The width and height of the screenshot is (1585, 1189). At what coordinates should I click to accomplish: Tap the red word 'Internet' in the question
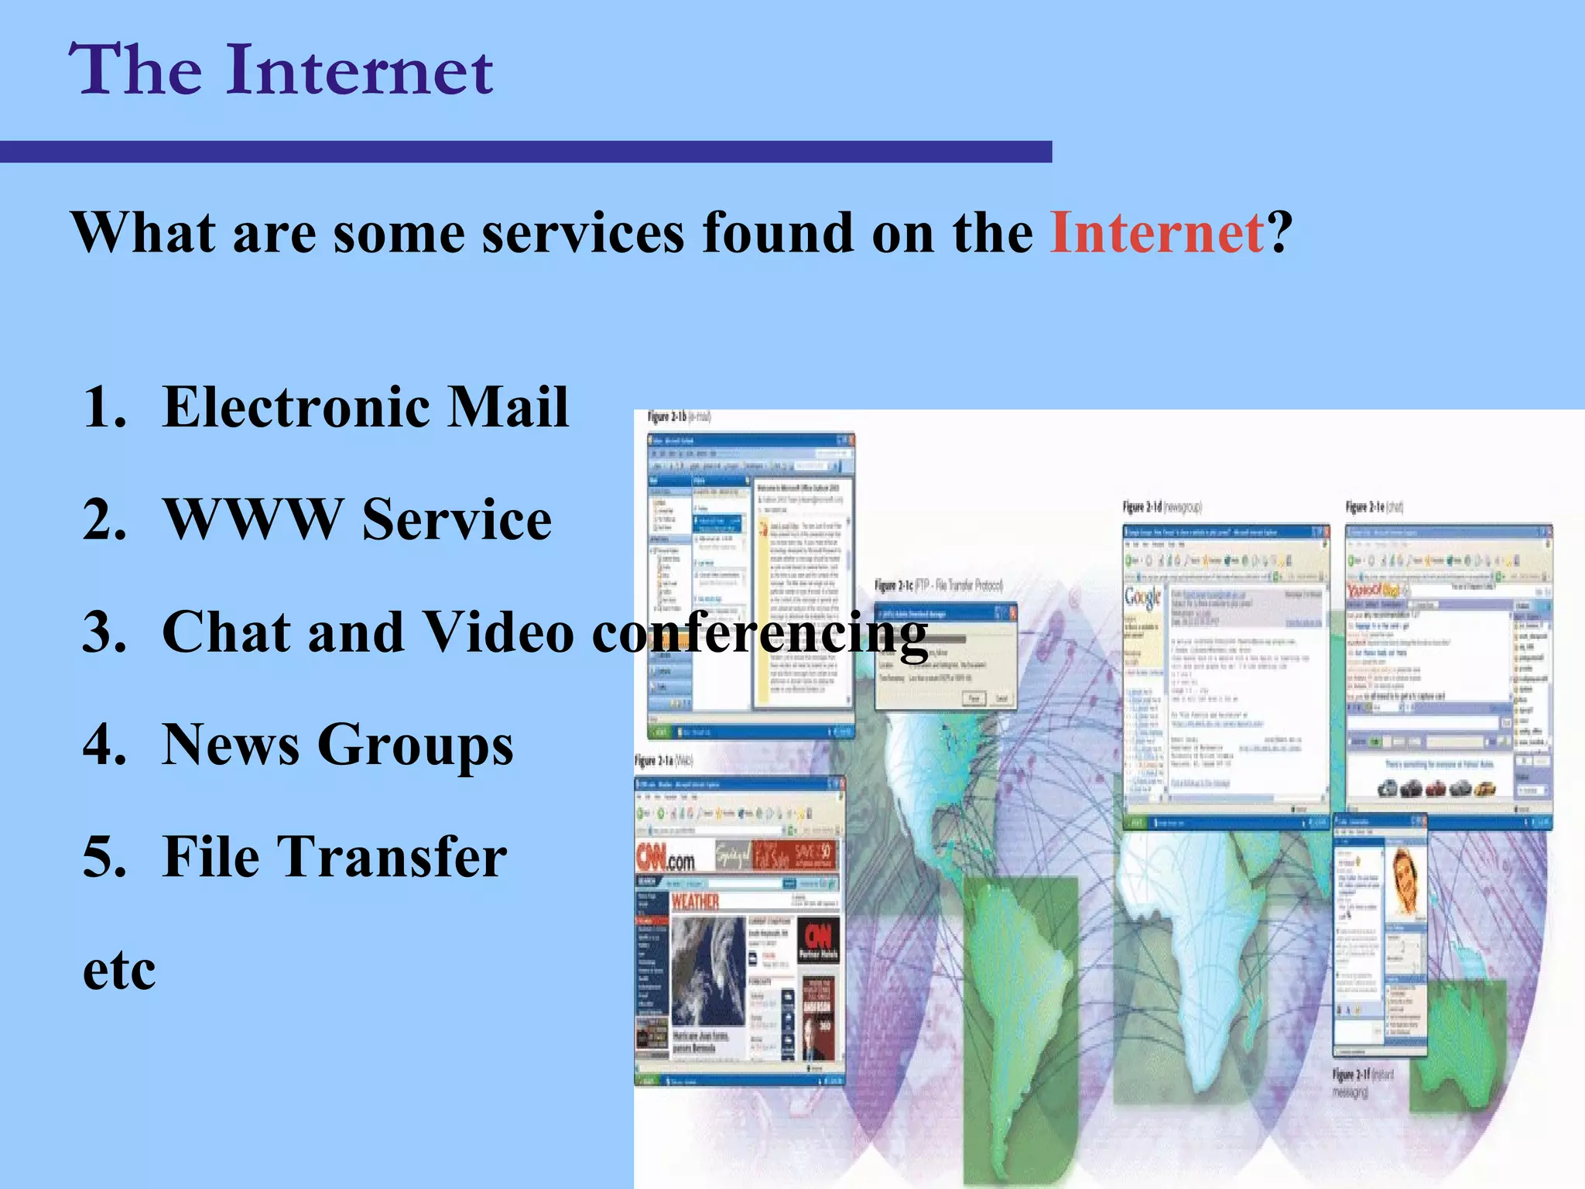click(x=1157, y=232)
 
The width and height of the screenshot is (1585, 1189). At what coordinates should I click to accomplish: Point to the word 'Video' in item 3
click(x=498, y=632)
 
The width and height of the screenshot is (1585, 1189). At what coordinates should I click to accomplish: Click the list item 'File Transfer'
click(x=334, y=857)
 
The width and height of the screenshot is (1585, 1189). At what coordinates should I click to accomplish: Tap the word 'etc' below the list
click(x=118, y=970)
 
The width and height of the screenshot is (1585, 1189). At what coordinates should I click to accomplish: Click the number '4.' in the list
click(x=104, y=745)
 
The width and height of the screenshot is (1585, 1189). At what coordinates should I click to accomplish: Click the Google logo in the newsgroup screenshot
click(x=1142, y=598)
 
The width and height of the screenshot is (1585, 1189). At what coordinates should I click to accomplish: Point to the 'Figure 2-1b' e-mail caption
click(x=679, y=417)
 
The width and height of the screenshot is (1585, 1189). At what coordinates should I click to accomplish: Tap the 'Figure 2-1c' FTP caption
click(x=938, y=585)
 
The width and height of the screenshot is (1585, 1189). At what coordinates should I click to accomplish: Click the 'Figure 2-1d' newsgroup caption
click(x=1162, y=507)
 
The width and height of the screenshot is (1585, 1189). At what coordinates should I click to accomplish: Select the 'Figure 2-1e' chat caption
click(x=1374, y=507)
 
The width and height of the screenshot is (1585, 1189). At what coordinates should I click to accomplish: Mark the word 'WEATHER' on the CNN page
click(x=695, y=902)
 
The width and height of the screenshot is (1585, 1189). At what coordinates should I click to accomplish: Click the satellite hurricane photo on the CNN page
click(x=707, y=971)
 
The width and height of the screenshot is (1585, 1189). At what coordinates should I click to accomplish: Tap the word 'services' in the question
click(x=583, y=232)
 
